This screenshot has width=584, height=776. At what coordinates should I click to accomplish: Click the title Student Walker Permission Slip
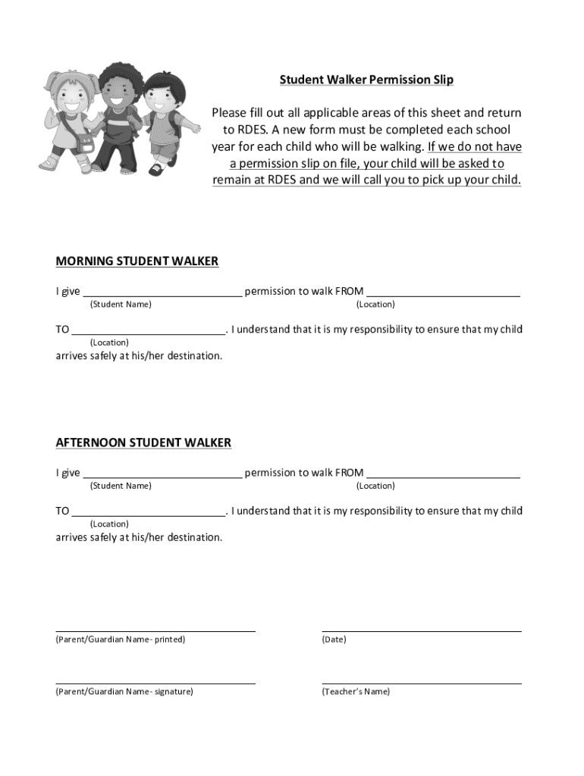point(366,80)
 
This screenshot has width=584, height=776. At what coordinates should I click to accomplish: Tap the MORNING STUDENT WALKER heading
point(137,261)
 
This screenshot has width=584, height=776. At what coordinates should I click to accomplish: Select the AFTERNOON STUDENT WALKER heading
point(143,443)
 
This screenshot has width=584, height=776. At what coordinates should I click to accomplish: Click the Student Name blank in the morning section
point(162,292)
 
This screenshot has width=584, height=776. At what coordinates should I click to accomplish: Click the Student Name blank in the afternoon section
point(162,474)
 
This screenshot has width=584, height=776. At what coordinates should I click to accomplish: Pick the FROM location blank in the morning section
point(444,292)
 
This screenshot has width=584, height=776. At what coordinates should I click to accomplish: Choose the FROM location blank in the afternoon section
point(444,474)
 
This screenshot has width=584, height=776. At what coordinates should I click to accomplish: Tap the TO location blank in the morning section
point(149,330)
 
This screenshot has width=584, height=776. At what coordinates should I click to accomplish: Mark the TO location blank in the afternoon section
point(149,512)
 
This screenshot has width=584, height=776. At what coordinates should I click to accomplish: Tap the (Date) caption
point(334,640)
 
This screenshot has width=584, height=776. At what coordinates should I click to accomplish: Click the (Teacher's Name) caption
point(356,692)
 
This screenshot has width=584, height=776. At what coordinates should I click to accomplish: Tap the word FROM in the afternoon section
point(349,473)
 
